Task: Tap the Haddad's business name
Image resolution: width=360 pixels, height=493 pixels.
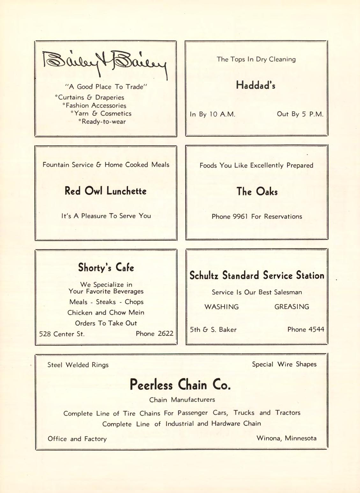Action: pyautogui.click(x=256, y=85)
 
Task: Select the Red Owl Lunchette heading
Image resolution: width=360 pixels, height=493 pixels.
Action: pyautogui.click(x=106, y=191)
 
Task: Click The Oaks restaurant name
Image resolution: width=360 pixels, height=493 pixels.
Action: pyautogui.click(x=257, y=191)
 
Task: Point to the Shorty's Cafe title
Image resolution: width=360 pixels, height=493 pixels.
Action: pyautogui.click(x=106, y=267)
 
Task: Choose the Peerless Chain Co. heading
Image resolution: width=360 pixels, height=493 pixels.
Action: pyautogui.click(x=180, y=385)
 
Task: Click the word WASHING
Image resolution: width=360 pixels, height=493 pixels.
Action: pyautogui.click(x=222, y=307)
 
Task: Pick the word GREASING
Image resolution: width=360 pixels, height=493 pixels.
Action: pyautogui.click(x=292, y=307)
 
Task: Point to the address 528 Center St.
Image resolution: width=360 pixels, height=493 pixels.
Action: pyautogui.click(x=62, y=334)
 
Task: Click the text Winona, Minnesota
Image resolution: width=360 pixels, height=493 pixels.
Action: pyautogui.click(x=286, y=438)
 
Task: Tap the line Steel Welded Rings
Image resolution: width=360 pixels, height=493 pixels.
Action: pyautogui.click(x=78, y=365)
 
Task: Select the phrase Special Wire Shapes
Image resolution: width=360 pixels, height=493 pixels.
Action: pyautogui.click(x=284, y=364)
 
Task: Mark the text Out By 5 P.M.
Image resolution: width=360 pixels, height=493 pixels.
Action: pyautogui.click(x=300, y=114)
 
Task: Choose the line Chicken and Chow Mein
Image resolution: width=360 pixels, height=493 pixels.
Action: pyautogui.click(x=106, y=312)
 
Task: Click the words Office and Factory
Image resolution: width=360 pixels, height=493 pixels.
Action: pyautogui.click(x=77, y=439)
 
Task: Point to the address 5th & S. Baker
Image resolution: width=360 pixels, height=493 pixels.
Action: pyautogui.click(x=213, y=330)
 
